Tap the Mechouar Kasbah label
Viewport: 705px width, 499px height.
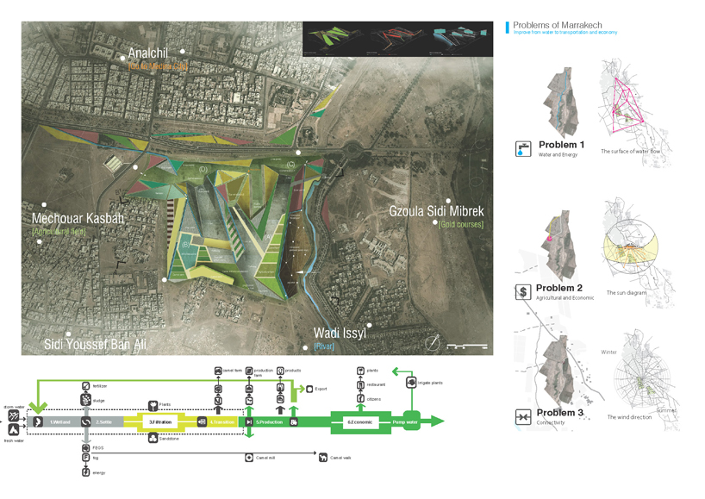78,219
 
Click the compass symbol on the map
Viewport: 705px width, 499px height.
434,343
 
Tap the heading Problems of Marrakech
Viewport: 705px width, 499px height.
557,25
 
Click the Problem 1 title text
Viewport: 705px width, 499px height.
561,145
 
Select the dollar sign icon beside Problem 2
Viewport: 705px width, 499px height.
522,292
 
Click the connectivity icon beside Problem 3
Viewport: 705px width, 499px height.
522,417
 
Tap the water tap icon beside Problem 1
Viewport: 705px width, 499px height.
522,149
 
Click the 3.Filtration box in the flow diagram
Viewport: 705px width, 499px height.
164,421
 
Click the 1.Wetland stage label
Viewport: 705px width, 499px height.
60,421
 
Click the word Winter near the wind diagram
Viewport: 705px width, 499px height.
608,352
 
